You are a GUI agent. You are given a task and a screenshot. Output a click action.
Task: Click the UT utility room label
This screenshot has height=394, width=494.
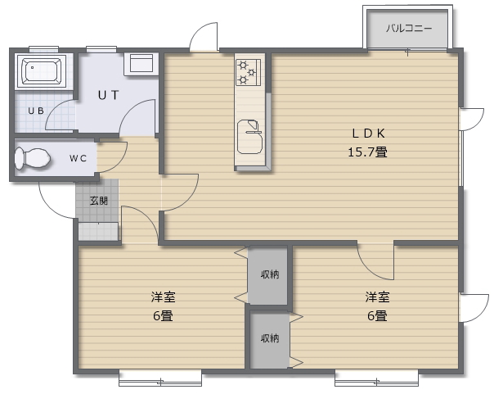tap(108, 94)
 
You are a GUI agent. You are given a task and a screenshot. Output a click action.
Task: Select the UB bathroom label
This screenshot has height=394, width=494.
tap(35, 111)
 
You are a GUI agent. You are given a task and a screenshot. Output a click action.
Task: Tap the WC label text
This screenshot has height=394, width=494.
tap(79, 158)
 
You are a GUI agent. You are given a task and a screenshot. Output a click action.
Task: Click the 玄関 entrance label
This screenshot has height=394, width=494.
tap(98, 201)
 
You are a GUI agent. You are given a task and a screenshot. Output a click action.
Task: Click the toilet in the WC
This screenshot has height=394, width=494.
tap(34, 158)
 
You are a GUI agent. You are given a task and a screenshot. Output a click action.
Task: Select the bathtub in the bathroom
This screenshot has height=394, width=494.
tap(41, 72)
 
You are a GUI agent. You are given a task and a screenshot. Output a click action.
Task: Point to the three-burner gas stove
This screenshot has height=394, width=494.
tap(248, 71)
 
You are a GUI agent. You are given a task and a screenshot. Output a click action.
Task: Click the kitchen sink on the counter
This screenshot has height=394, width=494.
tap(249, 136)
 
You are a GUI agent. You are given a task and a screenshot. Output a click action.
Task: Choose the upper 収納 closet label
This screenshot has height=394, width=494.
tap(269, 274)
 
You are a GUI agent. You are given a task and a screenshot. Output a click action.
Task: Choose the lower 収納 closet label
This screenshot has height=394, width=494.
tap(269, 337)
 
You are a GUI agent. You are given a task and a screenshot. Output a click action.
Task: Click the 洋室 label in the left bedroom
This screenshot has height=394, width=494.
tap(162, 297)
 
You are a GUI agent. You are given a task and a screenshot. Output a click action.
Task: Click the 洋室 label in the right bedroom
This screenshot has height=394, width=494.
tap(377, 297)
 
